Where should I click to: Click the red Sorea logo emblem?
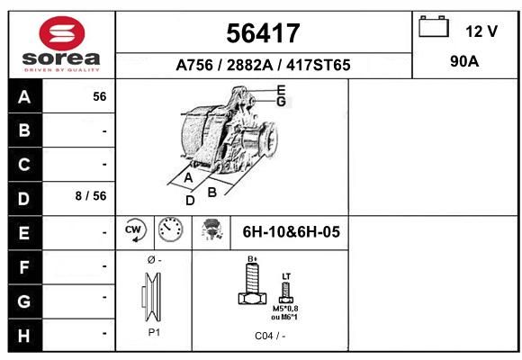pos(62,33)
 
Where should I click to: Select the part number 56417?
pos(263,33)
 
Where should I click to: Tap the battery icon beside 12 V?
pos(434,27)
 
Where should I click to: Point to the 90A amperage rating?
pos(464,61)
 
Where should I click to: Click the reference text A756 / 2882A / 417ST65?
pos(263,65)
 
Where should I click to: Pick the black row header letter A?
pos(24,97)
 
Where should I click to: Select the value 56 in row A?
pos(100,96)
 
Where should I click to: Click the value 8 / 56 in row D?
pos(91,196)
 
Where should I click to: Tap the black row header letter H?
pos(24,336)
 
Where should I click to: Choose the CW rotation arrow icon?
pos(135,230)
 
